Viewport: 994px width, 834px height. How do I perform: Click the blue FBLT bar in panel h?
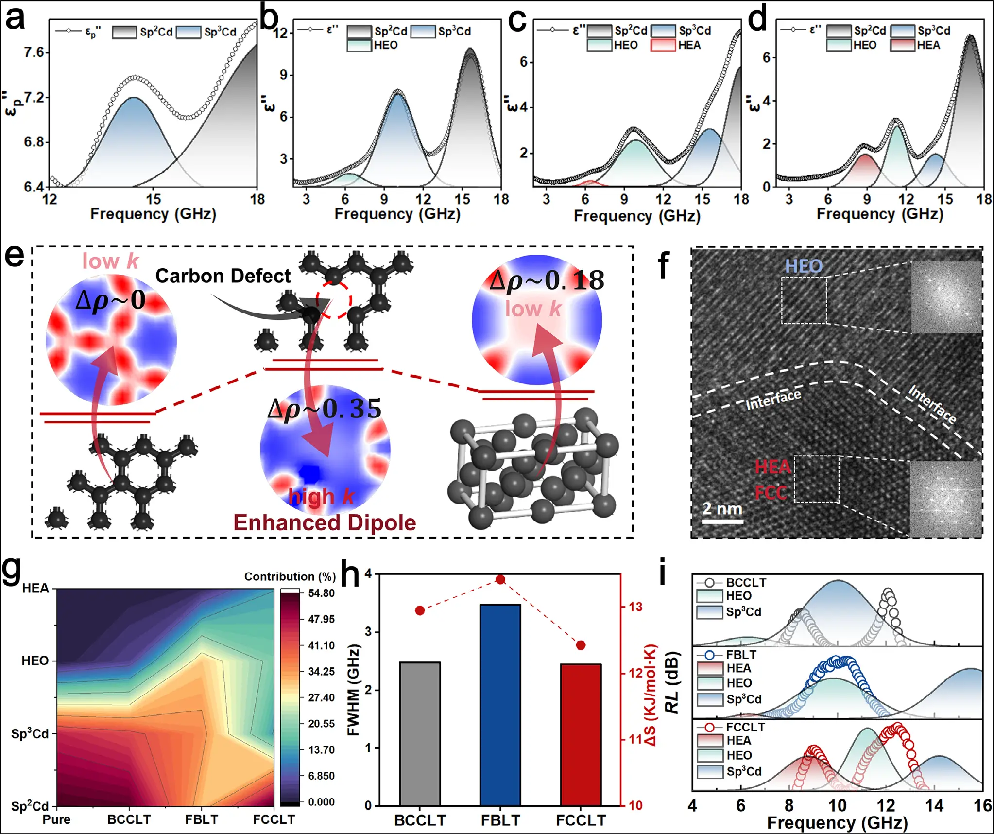pos(500,705)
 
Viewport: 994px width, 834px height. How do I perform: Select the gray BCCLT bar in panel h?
pos(420,733)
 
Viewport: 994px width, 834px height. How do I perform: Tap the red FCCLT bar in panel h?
pos(581,734)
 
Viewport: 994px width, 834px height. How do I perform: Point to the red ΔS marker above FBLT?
pos(500,579)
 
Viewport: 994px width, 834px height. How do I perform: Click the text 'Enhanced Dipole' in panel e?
pos(325,522)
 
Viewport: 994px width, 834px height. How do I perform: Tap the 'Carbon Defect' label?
pos(223,276)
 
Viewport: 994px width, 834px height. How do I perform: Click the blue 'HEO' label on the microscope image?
pos(804,266)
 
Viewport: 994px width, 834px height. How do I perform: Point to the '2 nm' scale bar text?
pos(722,509)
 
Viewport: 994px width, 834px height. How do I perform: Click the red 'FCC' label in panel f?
pos(771,493)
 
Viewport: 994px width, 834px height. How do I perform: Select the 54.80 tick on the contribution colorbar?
pos(321,593)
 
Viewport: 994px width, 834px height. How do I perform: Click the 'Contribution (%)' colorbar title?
pos(290,576)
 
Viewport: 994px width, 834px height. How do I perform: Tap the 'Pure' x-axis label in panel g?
pos(56,819)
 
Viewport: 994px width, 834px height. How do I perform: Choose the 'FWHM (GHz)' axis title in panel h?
pos(353,690)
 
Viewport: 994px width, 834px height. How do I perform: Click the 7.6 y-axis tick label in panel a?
pos(34,52)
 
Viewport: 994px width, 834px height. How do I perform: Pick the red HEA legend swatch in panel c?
pos(663,45)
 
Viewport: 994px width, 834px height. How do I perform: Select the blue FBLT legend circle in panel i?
pos(710,655)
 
